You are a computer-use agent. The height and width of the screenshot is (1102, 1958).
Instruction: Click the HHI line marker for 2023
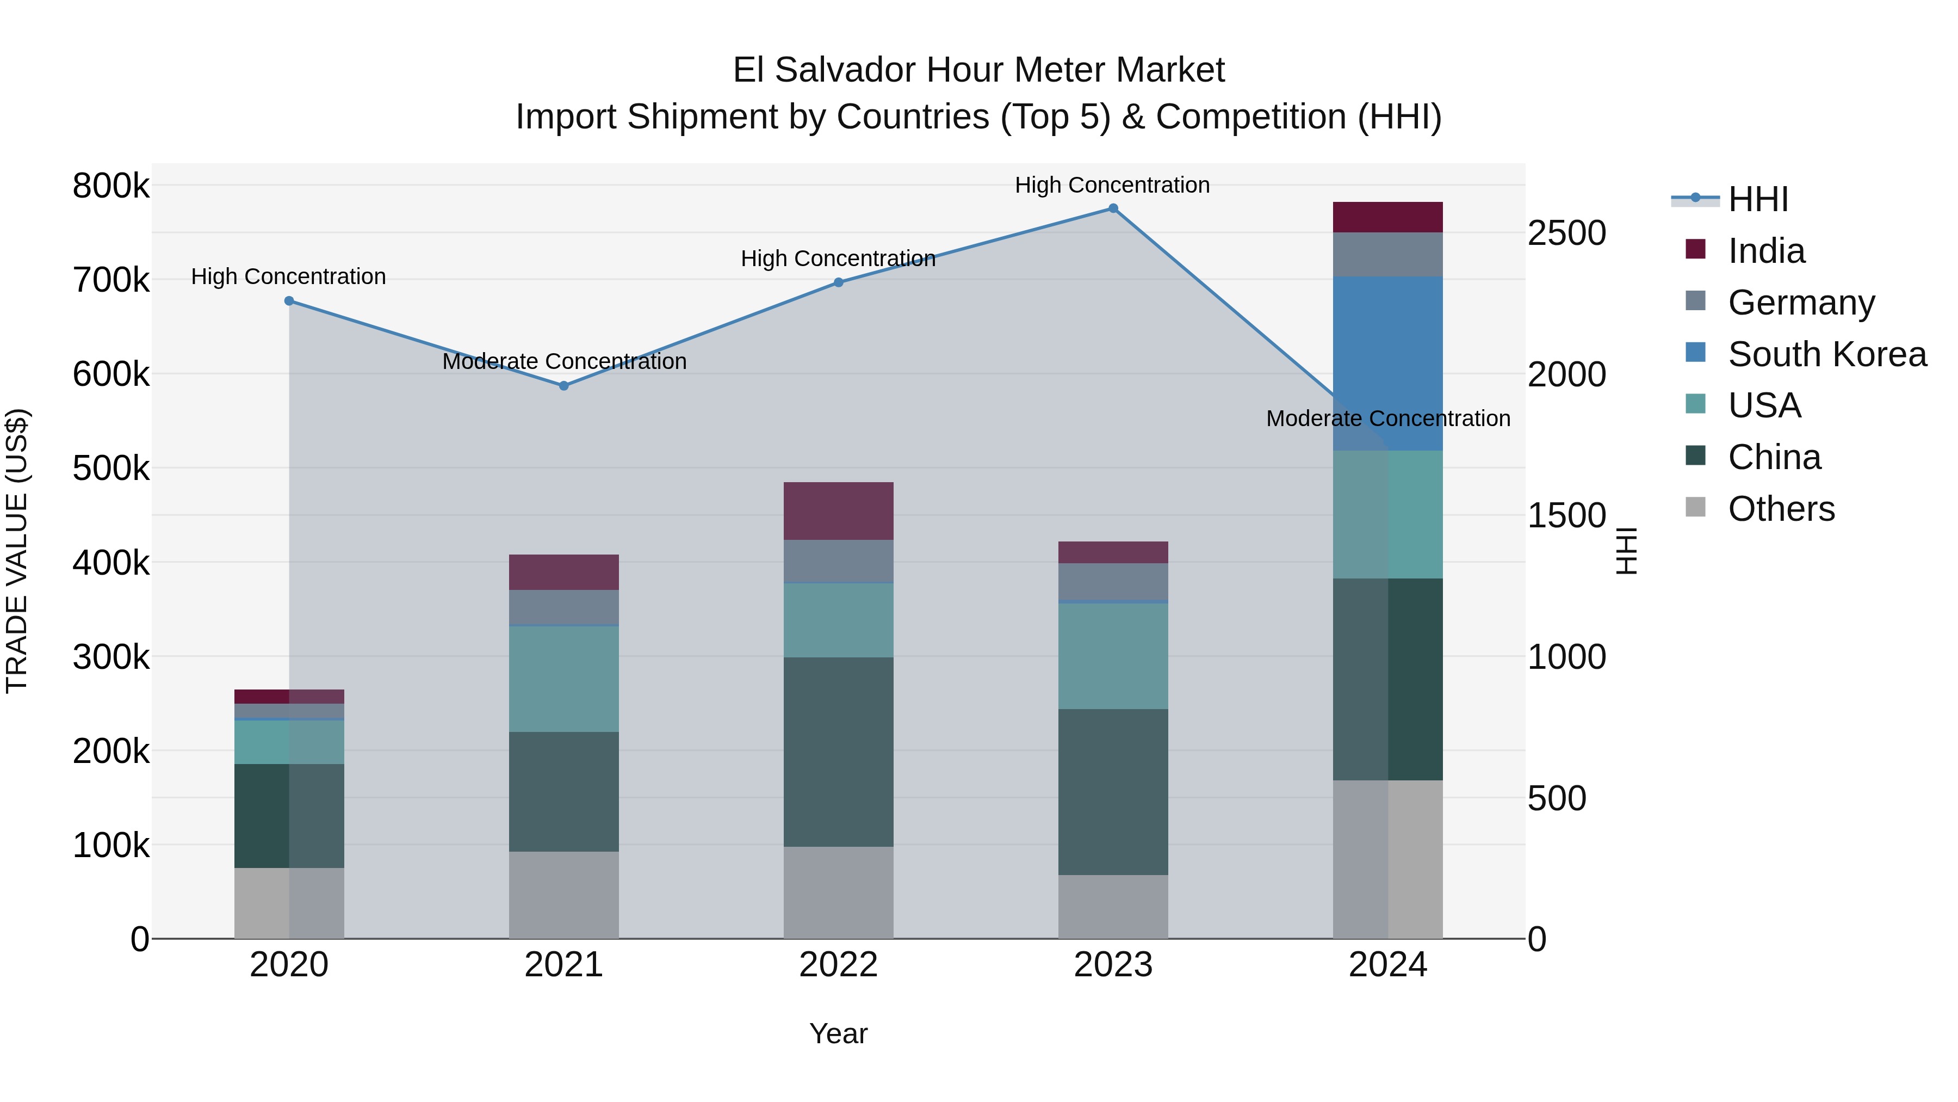(x=1113, y=208)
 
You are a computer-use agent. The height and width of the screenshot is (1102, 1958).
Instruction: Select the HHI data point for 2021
(x=564, y=386)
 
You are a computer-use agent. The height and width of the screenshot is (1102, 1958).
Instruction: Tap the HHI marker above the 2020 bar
(x=289, y=301)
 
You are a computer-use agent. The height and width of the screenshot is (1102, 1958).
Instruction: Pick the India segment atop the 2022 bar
(x=838, y=511)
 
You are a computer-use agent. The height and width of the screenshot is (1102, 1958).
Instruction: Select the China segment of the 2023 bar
(x=1113, y=792)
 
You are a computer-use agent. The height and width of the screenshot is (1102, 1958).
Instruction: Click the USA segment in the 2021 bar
(x=564, y=679)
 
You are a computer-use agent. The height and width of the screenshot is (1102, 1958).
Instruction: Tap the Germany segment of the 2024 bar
(x=1388, y=255)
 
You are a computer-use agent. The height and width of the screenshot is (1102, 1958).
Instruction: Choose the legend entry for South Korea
(x=1826, y=354)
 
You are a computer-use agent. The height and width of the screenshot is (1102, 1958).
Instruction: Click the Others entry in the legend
(x=1781, y=509)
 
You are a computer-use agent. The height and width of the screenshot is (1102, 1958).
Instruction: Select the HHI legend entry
(x=1757, y=199)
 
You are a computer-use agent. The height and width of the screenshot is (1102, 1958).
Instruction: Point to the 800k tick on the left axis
(x=111, y=186)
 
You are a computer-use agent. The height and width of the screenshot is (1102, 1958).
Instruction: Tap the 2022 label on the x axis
(x=838, y=965)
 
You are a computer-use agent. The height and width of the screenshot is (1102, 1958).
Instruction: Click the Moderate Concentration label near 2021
(x=564, y=361)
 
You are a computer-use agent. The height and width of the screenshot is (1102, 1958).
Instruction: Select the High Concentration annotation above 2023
(x=1112, y=185)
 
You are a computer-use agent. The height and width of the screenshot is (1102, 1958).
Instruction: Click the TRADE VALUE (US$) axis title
(x=17, y=551)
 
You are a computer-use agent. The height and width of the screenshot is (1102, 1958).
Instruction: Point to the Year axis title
(x=838, y=1033)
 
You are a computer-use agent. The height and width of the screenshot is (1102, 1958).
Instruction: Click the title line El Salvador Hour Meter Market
(x=978, y=70)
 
